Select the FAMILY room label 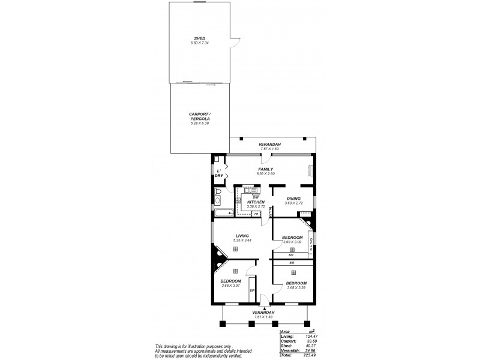[x=266, y=169]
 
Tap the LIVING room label [x=242, y=236]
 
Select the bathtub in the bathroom [x=223, y=213]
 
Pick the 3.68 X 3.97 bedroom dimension [x=231, y=286]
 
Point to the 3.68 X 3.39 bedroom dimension [x=296, y=287]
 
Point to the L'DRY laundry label [x=219, y=173]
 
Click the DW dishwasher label [x=255, y=197]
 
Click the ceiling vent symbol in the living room [x=235, y=248]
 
